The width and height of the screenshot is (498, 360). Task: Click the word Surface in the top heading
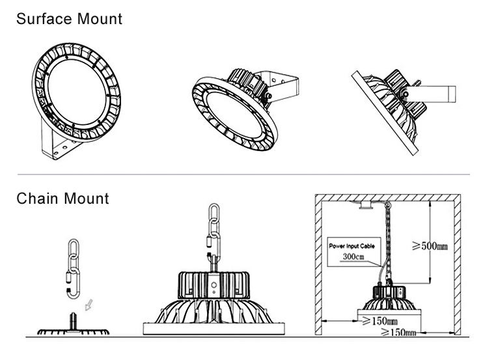44,19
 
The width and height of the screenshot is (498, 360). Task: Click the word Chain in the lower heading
38,199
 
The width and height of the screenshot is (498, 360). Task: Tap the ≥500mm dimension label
430,246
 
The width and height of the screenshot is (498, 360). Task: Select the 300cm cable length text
353,256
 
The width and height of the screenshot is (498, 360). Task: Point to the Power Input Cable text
352,246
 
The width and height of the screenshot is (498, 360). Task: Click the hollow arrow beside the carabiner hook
89,305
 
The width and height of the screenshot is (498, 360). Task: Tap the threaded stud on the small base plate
73,322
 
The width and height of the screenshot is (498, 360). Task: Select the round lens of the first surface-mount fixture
76,92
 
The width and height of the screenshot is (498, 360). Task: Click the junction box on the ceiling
367,206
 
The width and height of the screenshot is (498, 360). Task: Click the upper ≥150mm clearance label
380,321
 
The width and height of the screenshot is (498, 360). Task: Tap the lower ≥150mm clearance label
398,332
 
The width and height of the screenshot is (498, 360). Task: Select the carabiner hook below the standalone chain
73,282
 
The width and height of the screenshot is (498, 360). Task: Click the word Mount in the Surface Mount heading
100,19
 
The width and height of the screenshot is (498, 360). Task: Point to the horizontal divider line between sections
243,174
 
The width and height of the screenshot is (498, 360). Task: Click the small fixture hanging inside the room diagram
390,302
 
